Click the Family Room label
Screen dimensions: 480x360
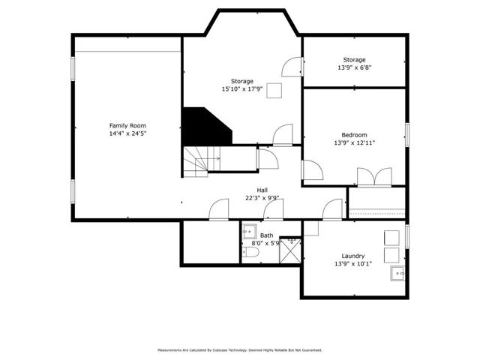[127, 125]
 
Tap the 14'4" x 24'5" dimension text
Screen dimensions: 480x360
[127, 133]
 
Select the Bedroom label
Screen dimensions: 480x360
[354, 135]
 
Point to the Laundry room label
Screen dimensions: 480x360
[353, 256]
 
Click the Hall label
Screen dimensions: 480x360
[262, 190]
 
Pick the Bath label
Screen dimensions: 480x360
[267, 235]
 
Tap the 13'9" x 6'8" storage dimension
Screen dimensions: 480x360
[354, 67]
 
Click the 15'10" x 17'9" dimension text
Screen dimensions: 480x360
[242, 89]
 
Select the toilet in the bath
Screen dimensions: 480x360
[250, 253]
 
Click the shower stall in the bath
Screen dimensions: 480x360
[290, 250]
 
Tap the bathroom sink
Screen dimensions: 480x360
[249, 232]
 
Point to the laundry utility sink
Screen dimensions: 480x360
[397, 273]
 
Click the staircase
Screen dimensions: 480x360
[202, 162]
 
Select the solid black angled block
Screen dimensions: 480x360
[207, 126]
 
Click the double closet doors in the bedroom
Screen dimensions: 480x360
[374, 177]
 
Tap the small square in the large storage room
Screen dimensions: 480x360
[274, 91]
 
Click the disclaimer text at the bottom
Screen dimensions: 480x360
[240, 350]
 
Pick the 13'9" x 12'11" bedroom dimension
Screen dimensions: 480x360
[354, 142]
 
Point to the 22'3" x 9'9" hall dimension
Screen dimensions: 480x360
[262, 198]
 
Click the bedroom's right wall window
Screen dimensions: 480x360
[407, 135]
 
